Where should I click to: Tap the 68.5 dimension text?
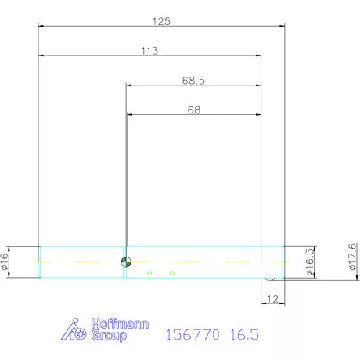(x=193, y=80)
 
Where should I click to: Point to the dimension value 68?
(x=193, y=110)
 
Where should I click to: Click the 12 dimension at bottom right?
(x=272, y=298)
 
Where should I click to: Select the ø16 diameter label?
(x=5, y=261)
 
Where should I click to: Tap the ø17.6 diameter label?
(x=352, y=257)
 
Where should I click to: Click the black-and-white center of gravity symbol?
(x=126, y=261)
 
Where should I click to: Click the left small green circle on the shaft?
(x=149, y=272)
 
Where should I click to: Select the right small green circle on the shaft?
(x=172, y=272)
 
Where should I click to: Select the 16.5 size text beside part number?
(x=244, y=335)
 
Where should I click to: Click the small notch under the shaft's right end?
(x=268, y=278)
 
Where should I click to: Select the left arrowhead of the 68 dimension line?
(x=129, y=115)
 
